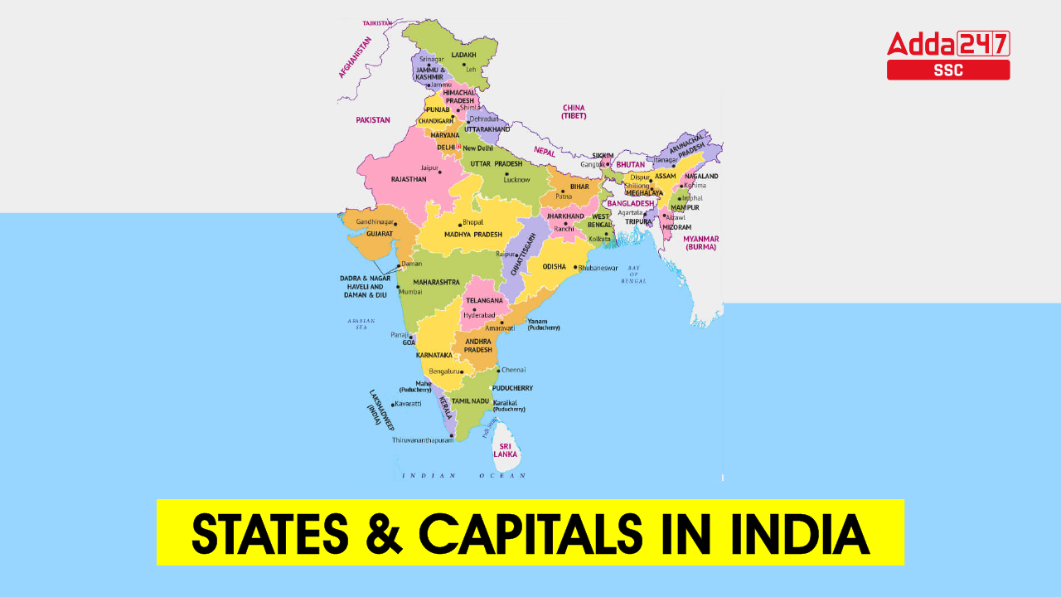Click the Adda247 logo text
[948, 42]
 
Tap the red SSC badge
[948, 70]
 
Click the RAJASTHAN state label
[409, 178]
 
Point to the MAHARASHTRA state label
[436, 282]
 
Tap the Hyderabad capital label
[479, 316]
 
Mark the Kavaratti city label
[408, 404]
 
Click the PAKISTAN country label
[373, 119]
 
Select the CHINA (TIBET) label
[574, 112]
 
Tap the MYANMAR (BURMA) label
[700, 242]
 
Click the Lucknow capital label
[516, 179]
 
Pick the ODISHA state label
[554, 267]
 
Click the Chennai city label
[513, 370]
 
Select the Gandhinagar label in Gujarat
[375, 222]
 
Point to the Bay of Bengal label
[634, 274]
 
